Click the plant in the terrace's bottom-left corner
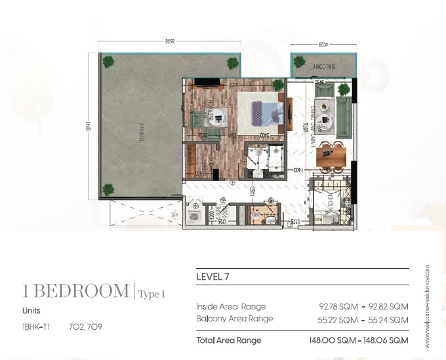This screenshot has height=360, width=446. tap(107, 191)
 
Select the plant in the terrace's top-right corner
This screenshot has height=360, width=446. tap(232, 64)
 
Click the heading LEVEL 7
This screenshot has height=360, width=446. tap(212, 277)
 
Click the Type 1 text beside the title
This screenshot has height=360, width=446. tap(152, 294)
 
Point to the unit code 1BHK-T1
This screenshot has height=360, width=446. tap(36, 325)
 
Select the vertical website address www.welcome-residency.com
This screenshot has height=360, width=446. tap(427, 306)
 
